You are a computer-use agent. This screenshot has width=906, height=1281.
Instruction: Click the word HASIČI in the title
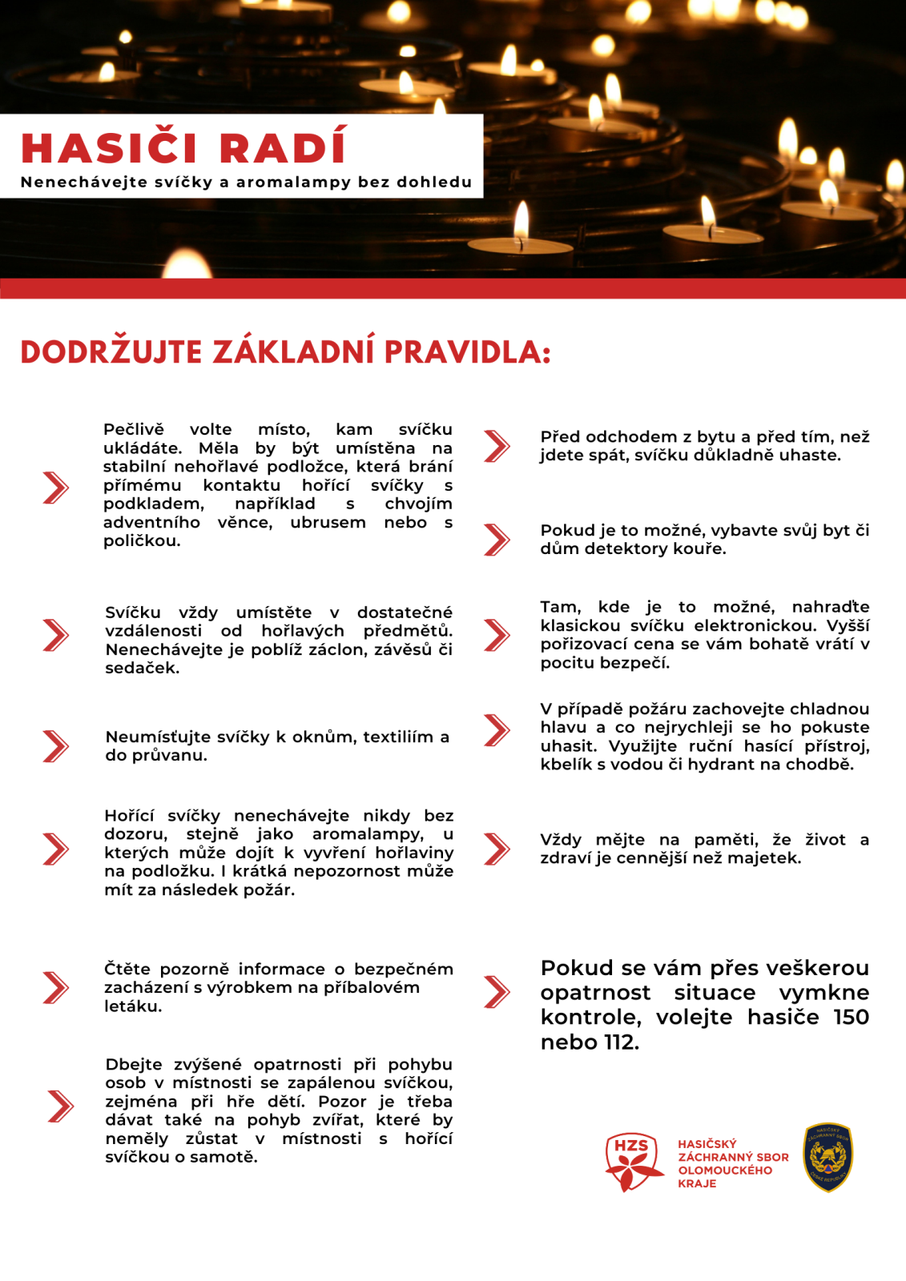pyautogui.click(x=109, y=148)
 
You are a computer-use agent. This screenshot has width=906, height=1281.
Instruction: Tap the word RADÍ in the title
pyautogui.click(x=283, y=148)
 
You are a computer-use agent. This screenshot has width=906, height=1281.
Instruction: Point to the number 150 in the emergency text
pyautogui.click(x=851, y=1018)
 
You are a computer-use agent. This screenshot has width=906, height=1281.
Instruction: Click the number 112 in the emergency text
pyautogui.click(x=622, y=1042)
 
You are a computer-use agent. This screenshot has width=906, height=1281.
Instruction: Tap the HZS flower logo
pyautogui.click(x=633, y=1162)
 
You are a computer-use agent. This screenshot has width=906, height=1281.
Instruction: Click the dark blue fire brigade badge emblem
pyautogui.click(x=827, y=1158)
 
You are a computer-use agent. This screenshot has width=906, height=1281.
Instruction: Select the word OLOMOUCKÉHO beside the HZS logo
pyautogui.click(x=725, y=1171)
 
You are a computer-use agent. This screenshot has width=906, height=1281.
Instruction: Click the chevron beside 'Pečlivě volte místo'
pyautogui.click(x=55, y=488)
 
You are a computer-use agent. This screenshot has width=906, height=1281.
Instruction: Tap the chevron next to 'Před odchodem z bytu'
pyautogui.click(x=497, y=446)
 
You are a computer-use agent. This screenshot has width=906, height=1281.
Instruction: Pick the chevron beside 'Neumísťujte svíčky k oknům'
pyautogui.click(x=55, y=746)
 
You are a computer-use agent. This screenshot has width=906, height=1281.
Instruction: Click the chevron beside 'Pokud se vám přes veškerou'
pyautogui.click(x=497, y=992)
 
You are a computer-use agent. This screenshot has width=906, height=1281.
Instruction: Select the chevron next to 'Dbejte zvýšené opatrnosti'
pyautogui.click(x=60, y=1106)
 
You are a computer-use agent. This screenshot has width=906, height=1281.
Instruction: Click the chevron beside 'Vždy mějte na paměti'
pyautogui.click(x=497, y=849)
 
